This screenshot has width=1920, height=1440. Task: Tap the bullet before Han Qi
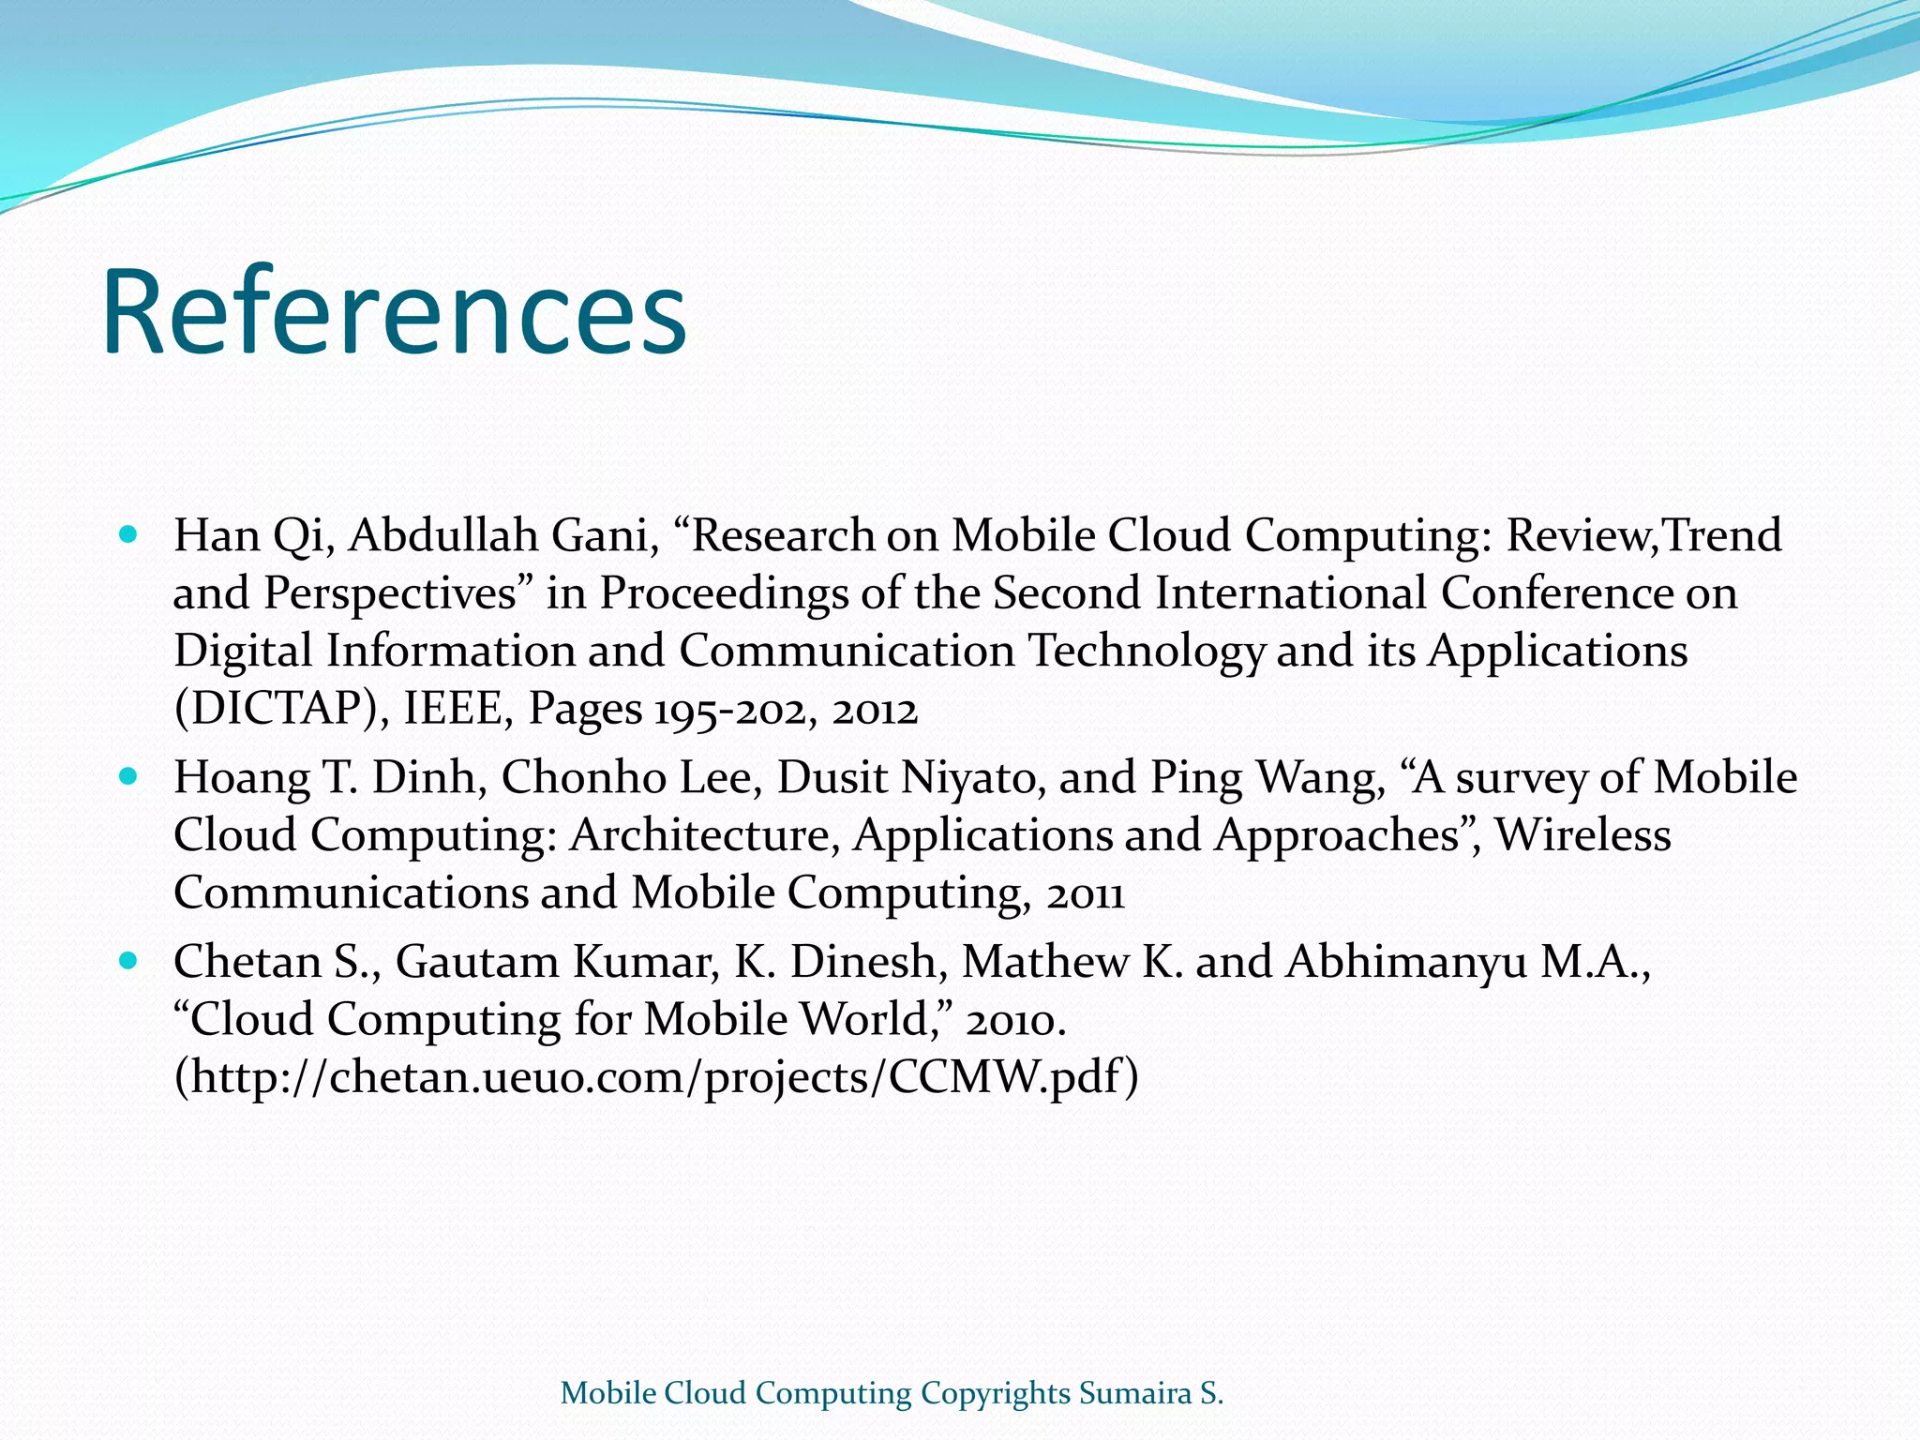point(129,535)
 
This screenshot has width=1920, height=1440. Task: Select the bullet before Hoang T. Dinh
point(129,777)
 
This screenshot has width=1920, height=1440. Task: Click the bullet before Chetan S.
point(129,961)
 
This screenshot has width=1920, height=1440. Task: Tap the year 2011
point(1085,893)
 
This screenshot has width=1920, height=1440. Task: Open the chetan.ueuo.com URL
point(656,1077)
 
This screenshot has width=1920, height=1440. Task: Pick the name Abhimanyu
point(1406,962)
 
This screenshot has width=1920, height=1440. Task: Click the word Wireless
point(1582,835)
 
